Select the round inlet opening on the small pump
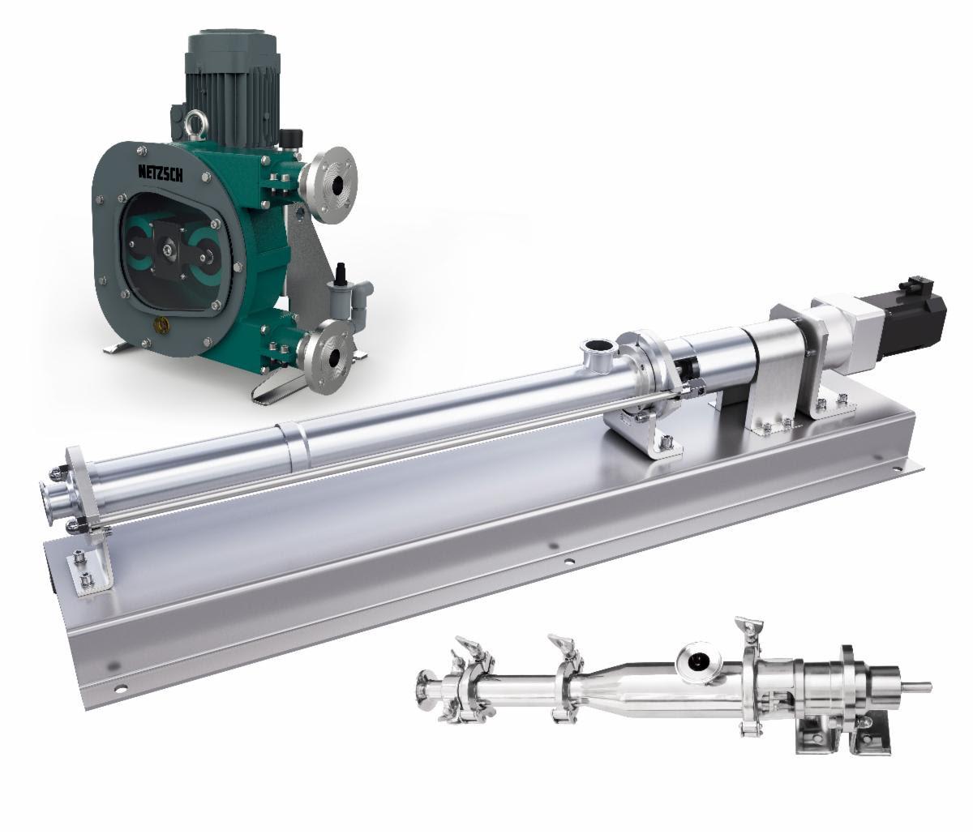pos(696,660)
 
